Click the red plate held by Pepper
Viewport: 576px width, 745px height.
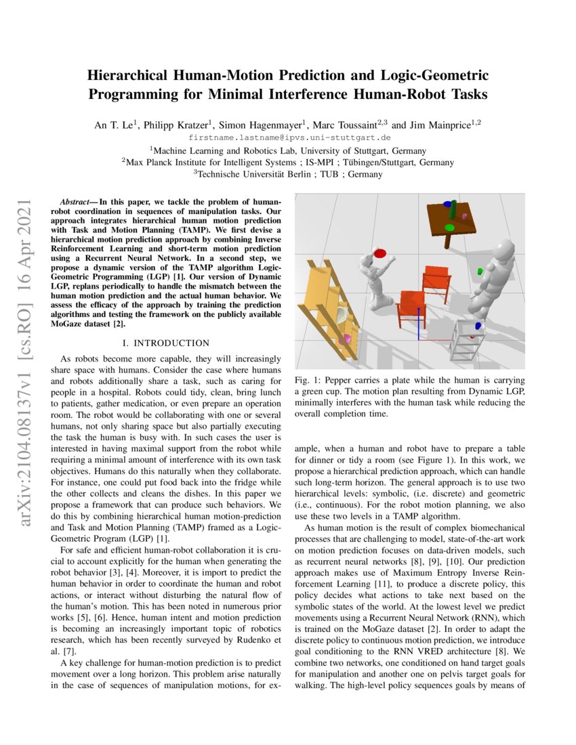[380, 253]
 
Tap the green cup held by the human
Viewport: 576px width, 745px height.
[480, 272]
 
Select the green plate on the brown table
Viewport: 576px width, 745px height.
[449, 227]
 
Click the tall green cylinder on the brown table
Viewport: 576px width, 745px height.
[453, 211]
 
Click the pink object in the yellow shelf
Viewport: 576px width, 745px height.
[347, 338]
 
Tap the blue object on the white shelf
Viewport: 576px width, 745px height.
[478, 326]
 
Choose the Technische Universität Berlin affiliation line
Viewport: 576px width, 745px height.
[289, 174]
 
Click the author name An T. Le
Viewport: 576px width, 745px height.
[115, 125]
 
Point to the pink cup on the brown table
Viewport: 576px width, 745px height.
[464, 216]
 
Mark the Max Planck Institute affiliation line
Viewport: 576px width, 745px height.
[289, 162]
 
